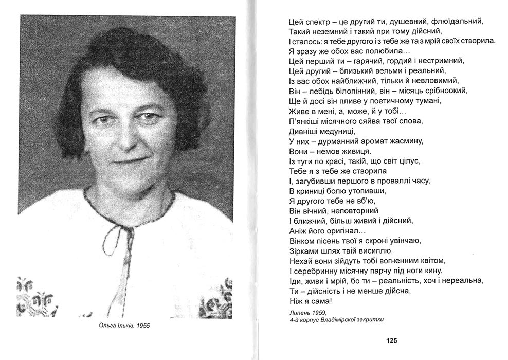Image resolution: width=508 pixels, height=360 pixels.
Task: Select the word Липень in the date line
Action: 301,312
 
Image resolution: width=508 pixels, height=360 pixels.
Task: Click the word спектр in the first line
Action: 311,22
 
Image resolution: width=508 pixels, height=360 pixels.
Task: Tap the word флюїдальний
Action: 460,22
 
